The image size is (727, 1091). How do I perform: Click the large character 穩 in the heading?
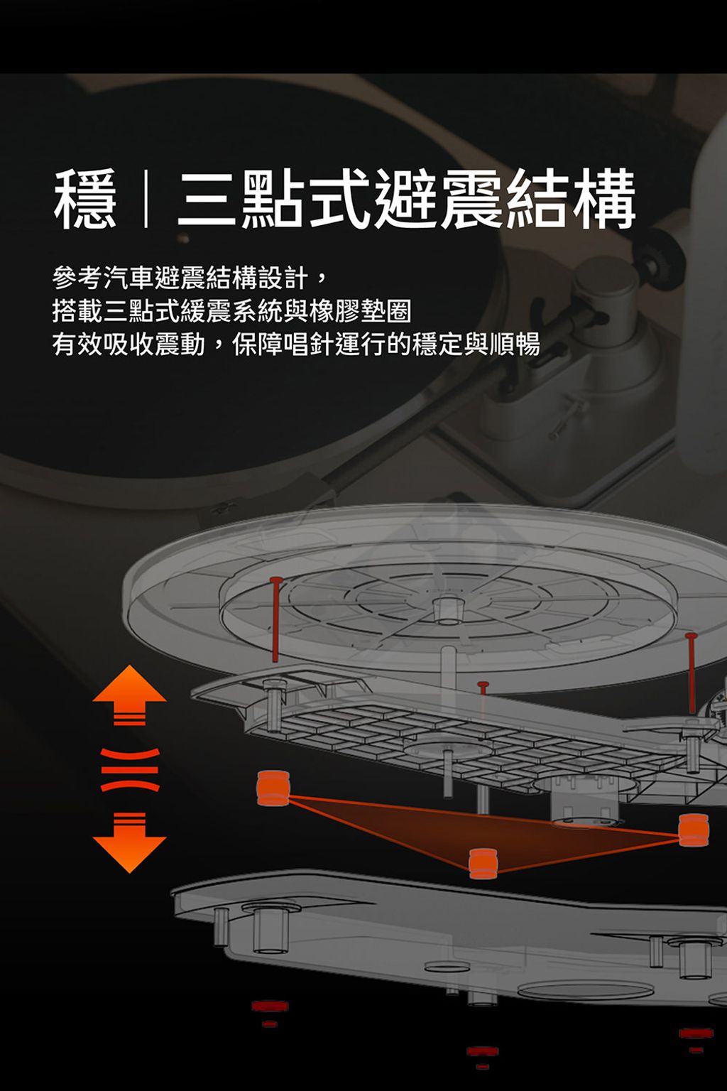pos(86,199)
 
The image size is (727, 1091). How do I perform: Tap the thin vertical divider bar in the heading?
pos(146,199)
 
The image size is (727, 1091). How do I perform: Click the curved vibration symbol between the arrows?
pos(129,769)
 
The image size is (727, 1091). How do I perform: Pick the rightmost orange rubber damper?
pos(694,830)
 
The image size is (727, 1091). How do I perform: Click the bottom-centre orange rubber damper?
pos(483,864)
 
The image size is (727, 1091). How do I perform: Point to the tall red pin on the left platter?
pos(275,619)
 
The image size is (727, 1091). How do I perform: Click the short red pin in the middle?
pos(483,693)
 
